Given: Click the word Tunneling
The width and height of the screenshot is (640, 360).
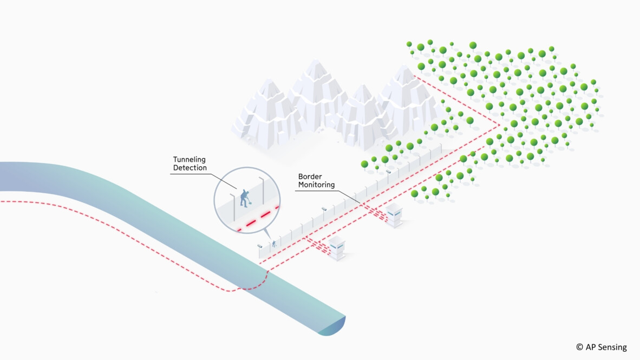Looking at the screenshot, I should coord(190,159).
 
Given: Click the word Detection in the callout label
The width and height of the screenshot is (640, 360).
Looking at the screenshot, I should coord(190,168).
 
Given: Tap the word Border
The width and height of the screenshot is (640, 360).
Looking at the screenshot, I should coord(310,176).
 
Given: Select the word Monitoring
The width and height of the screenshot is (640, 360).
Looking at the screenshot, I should coord(317,185).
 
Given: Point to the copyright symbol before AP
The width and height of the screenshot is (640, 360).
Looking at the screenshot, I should coord(579,348).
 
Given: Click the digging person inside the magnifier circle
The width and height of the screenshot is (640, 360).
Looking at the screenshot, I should coord(244,198).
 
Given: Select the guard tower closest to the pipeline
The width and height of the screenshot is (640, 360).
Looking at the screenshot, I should coord(337,247).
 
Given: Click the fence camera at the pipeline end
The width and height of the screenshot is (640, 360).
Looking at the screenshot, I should coord(260,246).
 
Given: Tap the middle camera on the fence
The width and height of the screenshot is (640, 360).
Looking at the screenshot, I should coord(324,208).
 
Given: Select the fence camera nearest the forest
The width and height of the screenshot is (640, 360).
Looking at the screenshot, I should coord(388,171).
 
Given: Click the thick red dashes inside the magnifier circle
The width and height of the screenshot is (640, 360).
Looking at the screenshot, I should coord(259,219).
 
